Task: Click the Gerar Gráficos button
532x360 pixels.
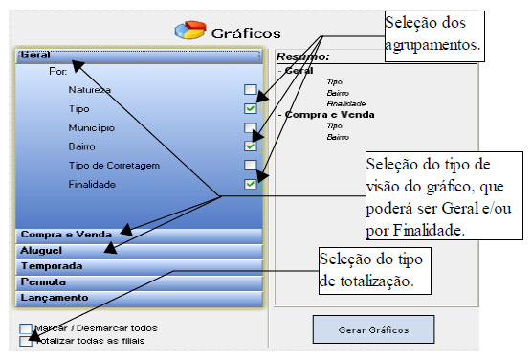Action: [372, 329]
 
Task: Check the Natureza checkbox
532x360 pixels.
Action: [250, 90]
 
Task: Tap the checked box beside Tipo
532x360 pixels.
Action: [250, 109]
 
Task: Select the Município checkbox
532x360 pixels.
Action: [250, 127]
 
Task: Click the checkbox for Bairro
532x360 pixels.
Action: [250, 146]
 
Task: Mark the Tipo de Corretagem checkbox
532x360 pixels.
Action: [250, 166]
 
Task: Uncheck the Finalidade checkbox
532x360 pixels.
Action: [250, 184]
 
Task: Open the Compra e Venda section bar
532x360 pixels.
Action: [138, 234]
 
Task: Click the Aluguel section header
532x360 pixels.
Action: [138, 250]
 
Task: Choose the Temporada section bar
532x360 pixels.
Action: [138, 266]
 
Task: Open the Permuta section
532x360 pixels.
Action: [138, 282]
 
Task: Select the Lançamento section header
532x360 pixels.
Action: [138, 298]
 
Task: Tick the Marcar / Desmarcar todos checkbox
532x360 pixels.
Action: [24, 328]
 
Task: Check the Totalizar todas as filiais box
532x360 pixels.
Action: [24, 341]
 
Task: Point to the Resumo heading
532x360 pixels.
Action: [296, 57]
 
